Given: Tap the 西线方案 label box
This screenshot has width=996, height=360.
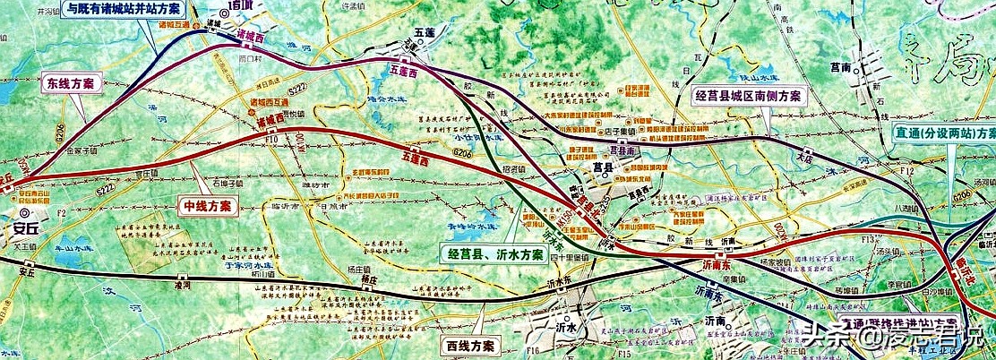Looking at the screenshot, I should [469, 345].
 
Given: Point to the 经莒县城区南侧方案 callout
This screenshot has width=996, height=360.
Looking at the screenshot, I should [749, 96].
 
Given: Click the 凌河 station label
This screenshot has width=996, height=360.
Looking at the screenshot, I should [184, 284].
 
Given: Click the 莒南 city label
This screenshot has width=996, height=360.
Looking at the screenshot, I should [839, 66].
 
